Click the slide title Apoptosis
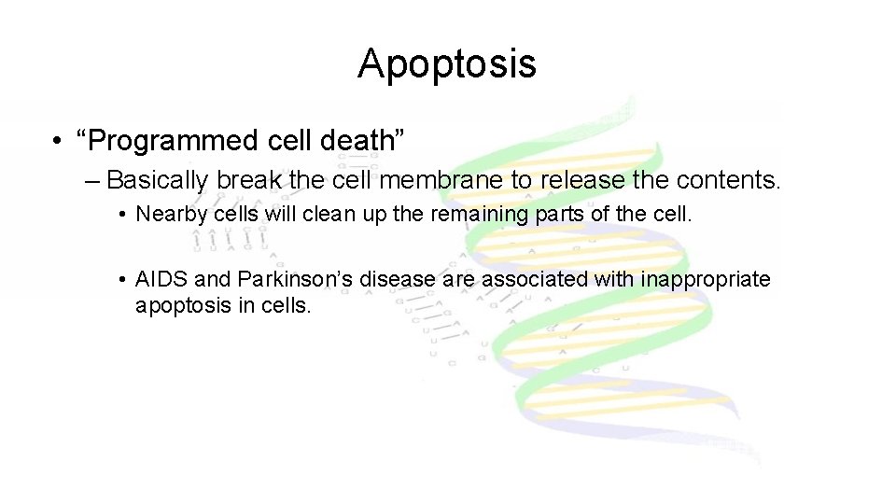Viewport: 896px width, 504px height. tap(447, 63)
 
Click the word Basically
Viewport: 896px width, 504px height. tap(160, 179)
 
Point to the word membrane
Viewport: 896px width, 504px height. tap(435, 179)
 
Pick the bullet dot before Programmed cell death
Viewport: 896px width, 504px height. tap(59, 142)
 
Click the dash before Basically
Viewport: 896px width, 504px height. tap(91, 179)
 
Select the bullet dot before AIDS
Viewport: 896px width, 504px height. tap(123, 279)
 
